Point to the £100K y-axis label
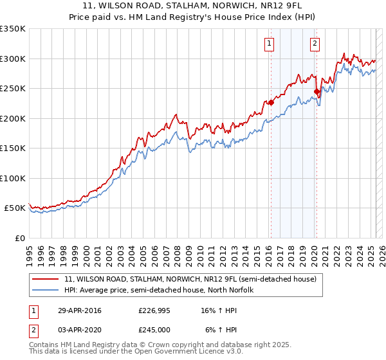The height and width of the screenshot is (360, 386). point(12,178)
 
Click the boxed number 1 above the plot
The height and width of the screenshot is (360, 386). point(268,44)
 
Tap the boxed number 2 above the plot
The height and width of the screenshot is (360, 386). point(315,44)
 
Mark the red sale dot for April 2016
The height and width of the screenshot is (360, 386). point(271,102)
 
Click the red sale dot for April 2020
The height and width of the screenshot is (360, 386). point(317,92)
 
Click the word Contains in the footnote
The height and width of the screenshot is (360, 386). point(44,345)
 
